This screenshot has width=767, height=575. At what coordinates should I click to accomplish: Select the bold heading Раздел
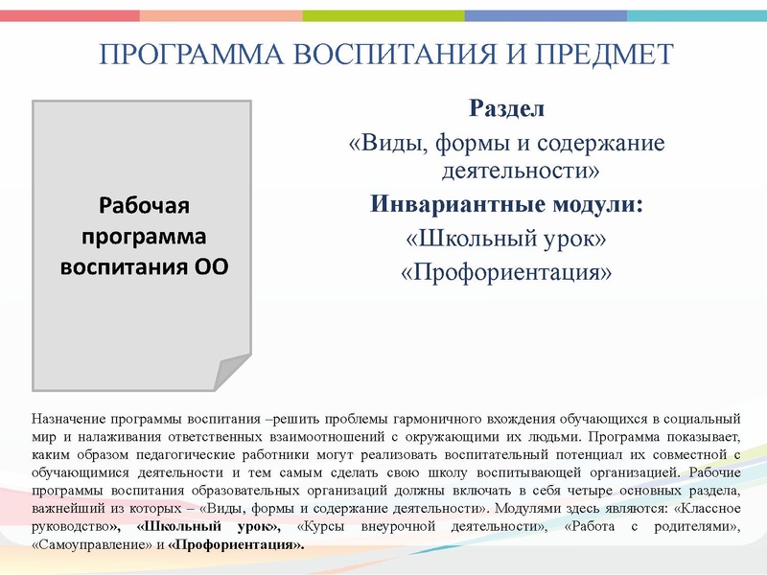506,108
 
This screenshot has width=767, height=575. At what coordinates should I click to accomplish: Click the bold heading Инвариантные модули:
506,204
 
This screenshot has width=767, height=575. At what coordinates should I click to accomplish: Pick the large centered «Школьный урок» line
506,238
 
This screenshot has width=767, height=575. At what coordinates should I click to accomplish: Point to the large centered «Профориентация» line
506,272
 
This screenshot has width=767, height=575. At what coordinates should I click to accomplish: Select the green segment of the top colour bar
383,15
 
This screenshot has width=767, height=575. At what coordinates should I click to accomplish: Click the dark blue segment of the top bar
546,15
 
